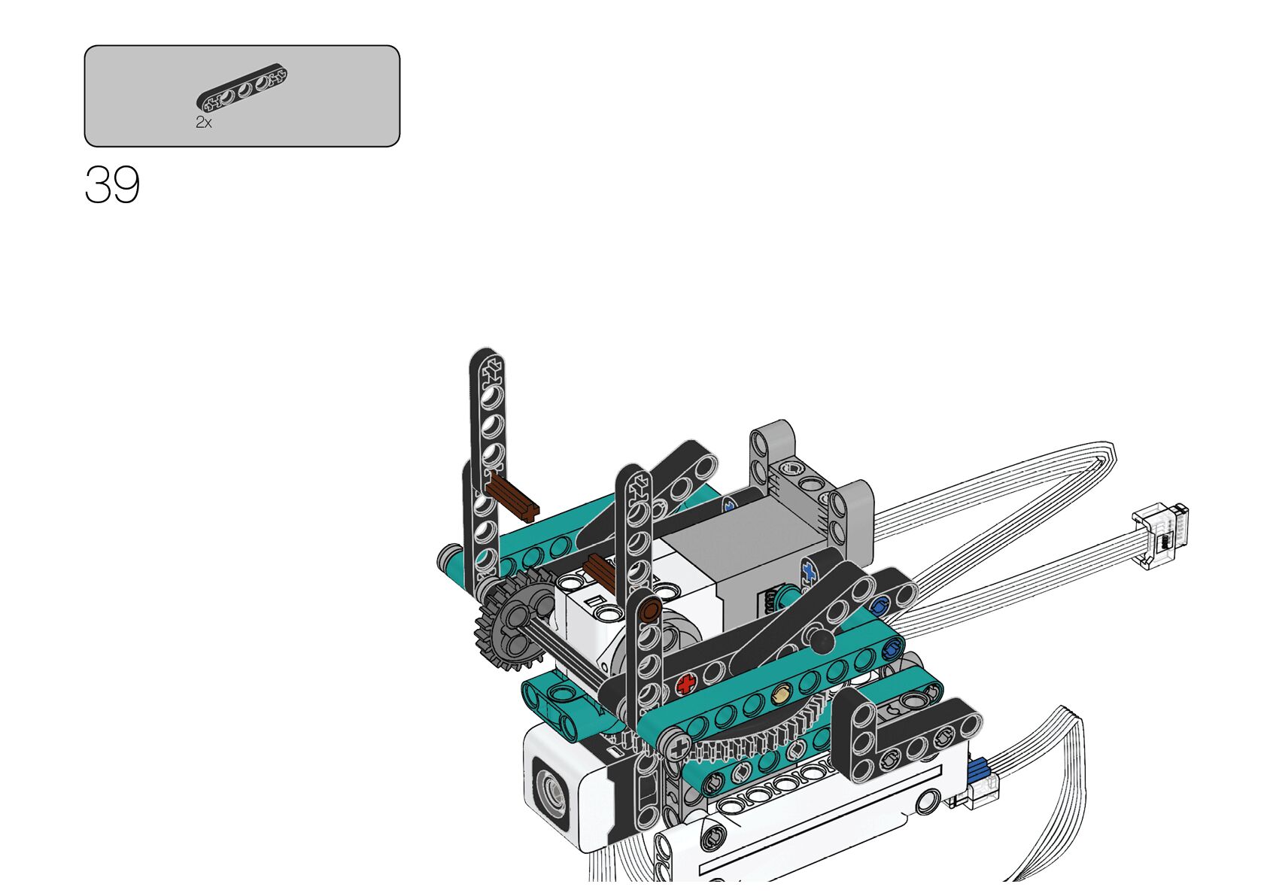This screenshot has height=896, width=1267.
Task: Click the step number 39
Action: tap(112, 185)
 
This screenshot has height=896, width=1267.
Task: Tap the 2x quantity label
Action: tap(204, 122)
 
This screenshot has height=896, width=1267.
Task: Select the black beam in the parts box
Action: tap(242, 87)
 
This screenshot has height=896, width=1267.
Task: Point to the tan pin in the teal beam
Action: tap(781, 694)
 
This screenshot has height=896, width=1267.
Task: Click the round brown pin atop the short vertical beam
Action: tap(651, 609)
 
